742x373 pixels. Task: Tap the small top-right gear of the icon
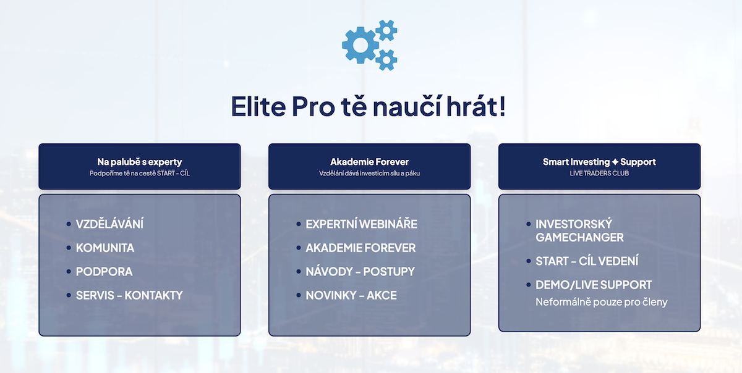386,30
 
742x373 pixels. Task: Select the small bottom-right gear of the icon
386,60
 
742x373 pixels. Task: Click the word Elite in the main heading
258,106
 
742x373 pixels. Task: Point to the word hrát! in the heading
476,106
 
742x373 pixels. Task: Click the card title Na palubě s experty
140,162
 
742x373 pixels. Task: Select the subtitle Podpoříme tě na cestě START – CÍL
140,174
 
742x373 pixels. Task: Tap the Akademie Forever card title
369,162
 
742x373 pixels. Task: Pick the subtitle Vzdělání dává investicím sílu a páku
369,174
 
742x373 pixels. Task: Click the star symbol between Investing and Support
615,162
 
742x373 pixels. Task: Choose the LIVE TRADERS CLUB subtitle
599,174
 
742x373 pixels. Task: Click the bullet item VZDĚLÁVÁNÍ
109,224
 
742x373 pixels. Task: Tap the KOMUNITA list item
105,248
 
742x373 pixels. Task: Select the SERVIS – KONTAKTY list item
129,295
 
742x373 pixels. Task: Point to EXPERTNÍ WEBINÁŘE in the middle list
361,224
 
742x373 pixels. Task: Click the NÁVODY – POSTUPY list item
360,272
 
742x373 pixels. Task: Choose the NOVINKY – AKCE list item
351,295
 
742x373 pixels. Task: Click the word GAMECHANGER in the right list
580,237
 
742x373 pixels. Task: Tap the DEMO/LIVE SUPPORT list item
594,285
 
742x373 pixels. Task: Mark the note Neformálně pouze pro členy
602,302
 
